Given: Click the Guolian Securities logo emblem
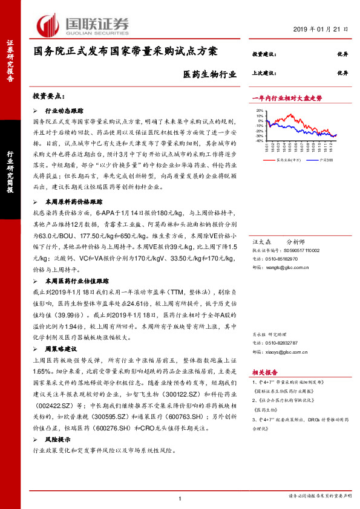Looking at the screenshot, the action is pos(50,25).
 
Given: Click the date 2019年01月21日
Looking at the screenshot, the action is pos(321,30).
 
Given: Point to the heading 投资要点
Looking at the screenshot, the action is pos(49,96).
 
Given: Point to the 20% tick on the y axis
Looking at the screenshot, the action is pos(260,111).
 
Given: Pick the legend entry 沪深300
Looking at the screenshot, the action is pos(316,160).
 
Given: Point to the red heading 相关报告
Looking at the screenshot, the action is pos(264,372).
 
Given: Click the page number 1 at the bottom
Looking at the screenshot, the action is pos(180,498).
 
